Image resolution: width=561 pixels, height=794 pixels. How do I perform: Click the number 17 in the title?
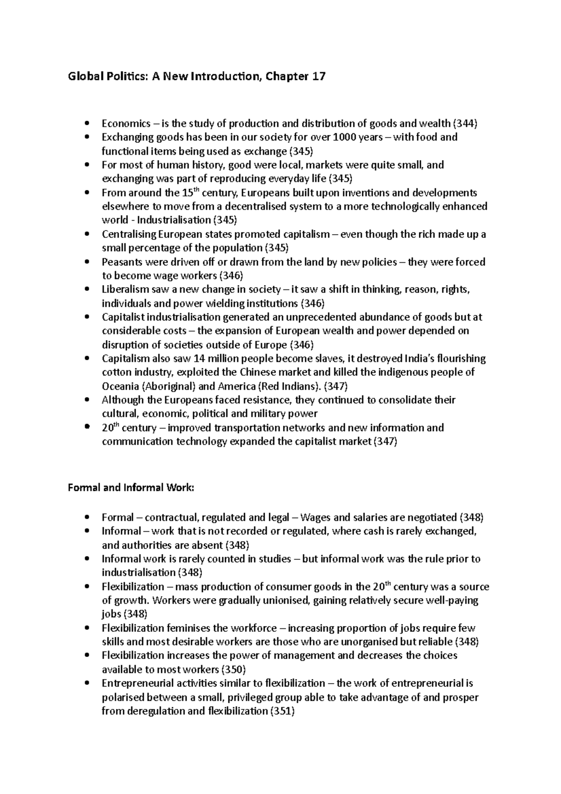pyautogui.click(x=316, y=76)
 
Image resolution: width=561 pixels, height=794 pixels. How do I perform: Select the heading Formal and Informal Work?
pyautogui.click(x=130, y=488)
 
